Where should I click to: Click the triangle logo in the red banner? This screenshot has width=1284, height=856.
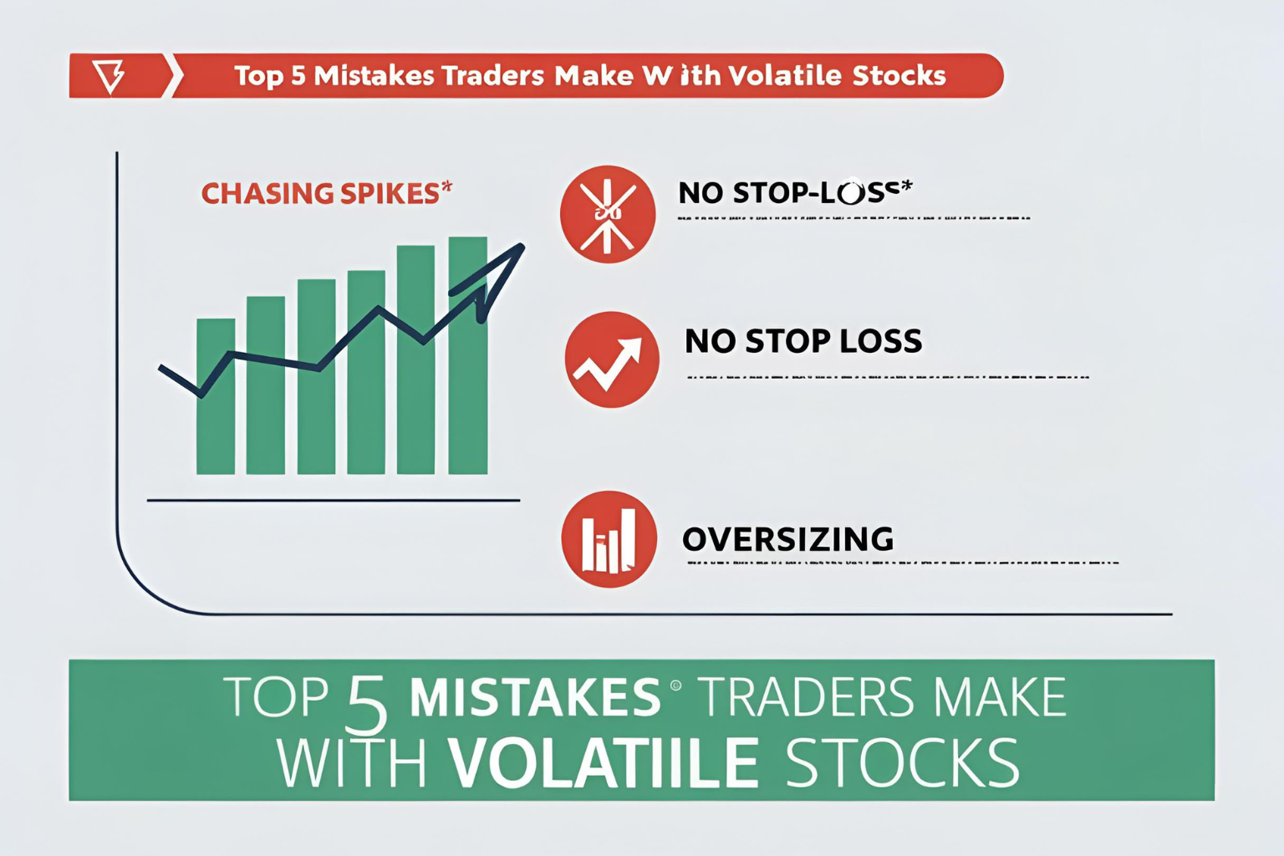110,76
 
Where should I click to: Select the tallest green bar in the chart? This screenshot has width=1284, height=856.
467,355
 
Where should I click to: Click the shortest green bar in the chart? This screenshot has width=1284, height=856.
215,396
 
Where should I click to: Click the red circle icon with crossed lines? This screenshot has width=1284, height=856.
608,215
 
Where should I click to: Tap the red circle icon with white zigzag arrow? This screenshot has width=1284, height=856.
612,359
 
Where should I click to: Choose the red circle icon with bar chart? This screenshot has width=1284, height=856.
609,539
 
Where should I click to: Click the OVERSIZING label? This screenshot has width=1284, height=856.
787,539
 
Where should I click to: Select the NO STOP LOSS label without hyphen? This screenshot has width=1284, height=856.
802,341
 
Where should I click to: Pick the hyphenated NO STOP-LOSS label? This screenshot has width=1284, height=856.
794,192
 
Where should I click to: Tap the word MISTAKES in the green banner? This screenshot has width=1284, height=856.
536,697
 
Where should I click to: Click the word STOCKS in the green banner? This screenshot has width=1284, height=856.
903,762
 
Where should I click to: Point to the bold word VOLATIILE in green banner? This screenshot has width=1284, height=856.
603,762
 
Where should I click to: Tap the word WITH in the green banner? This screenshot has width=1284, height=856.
352,762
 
